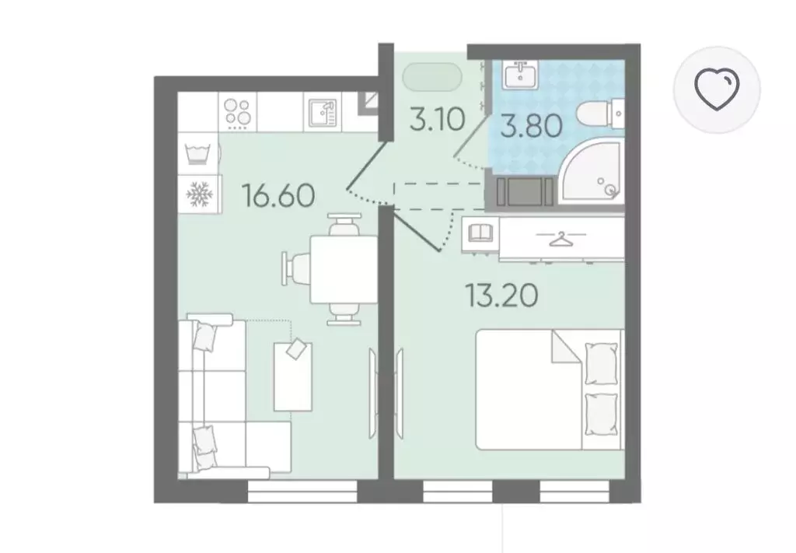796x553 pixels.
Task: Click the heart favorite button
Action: (x=717, y=89)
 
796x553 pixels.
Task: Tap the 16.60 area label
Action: (x=279, y=196)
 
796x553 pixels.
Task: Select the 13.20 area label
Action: (x=501, y=295)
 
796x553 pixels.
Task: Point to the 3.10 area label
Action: (x=437, y=121)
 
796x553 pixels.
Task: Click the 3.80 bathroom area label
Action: (x=531, y=126)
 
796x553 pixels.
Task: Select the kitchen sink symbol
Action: (x=323, y=112)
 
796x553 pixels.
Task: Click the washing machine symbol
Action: (x=198, y=154)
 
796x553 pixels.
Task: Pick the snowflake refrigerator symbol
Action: (x=198, y=194)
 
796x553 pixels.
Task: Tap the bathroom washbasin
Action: (x=520, y=75)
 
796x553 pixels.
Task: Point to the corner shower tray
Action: (x=592, y=170)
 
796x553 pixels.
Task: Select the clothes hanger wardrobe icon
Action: (x=561, y=238)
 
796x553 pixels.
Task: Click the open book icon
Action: (x=480, y=233)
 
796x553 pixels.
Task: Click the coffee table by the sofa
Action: (x=293, y=376)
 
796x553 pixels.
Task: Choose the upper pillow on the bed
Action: (x=602, y=363)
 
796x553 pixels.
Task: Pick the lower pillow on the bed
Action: (x=602, y=414)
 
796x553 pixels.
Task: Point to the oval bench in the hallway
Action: (x=432, y=77)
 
